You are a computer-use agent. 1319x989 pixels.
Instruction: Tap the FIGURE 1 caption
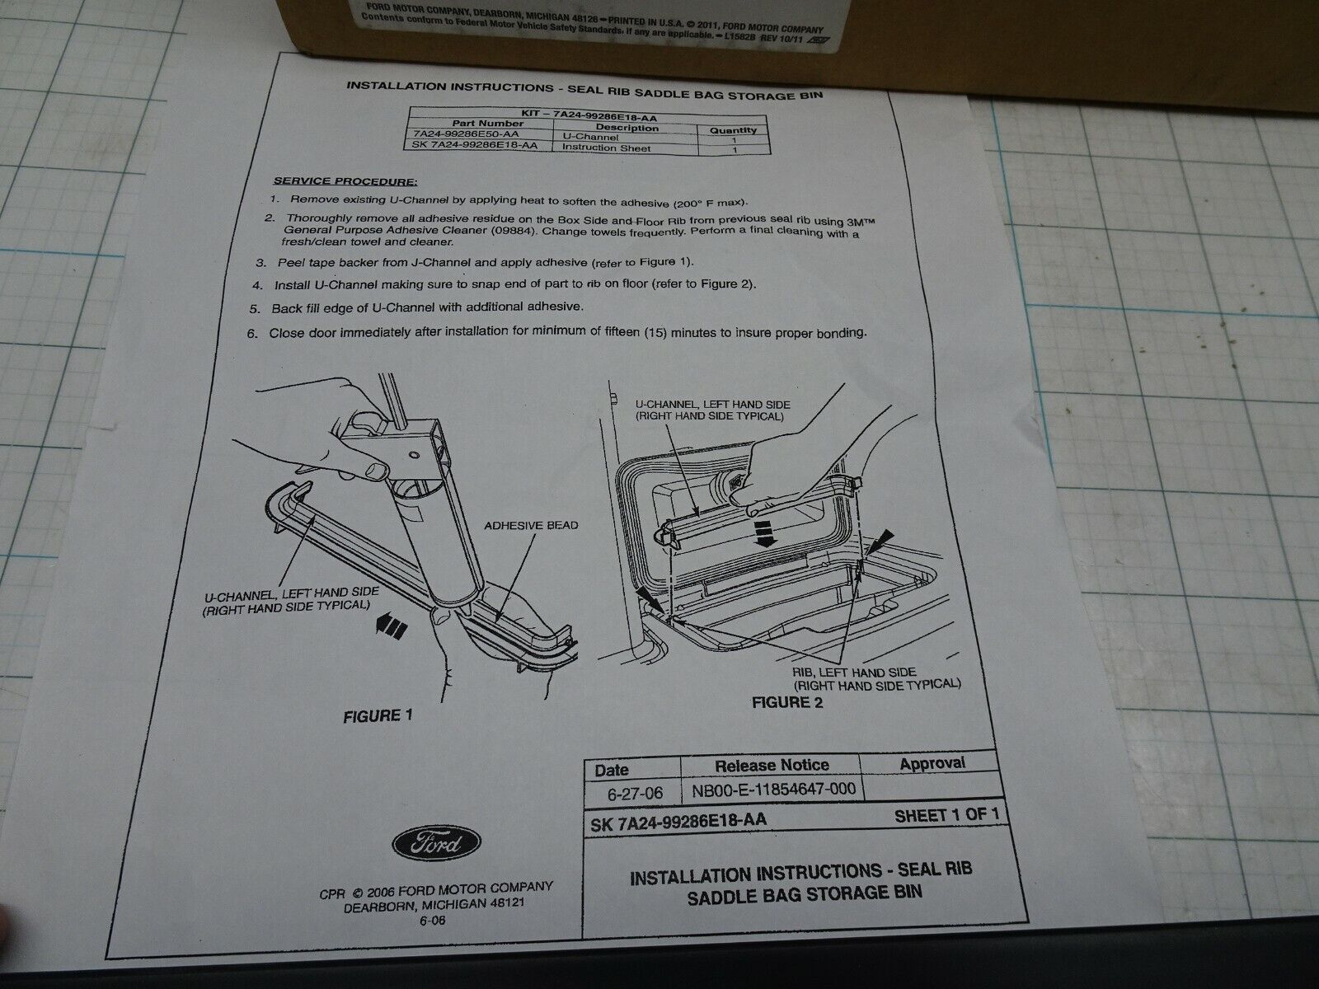click(x=377, y=715)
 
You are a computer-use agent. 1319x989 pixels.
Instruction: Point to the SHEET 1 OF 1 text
click(x=951, y=815)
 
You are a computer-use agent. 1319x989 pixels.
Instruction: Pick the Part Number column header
click(x=454, y=124)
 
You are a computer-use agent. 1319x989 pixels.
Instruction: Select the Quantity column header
click(x=733, y=129)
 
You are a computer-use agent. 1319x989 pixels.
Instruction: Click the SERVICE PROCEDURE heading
click(x=345, y=181)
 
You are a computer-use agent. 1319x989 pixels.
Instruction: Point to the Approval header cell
click(x=932, y=763)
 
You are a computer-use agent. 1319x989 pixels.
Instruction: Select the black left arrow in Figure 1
click(x=390, y=628)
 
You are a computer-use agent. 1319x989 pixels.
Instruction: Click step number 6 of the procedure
click(x=251, y=334)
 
